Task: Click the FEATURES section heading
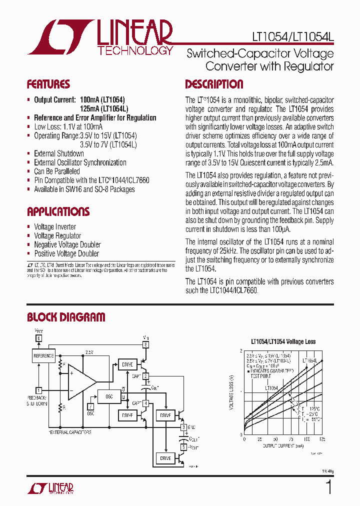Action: click(x=48, y=84)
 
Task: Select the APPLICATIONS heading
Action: click(x=58, y=211)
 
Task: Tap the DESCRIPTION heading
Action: click(x=214, y=84)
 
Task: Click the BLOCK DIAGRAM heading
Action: click(x=66, y=317)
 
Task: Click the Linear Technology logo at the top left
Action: click(x=100, y=37)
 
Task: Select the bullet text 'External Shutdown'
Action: click(x=59, y=153)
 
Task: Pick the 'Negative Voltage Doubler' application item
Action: click(x=67, y=244)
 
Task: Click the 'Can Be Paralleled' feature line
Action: click(x=57, y=171)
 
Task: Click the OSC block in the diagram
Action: click(x=109, y=396)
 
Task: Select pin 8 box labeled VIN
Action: click(x=146, y=344)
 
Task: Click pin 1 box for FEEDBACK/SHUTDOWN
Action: click(x=38, y=390)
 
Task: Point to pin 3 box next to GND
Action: click(x=184, y=427)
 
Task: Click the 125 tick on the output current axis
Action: click(x=321, y=439)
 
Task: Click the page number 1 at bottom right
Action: click(x=328, y=487)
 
